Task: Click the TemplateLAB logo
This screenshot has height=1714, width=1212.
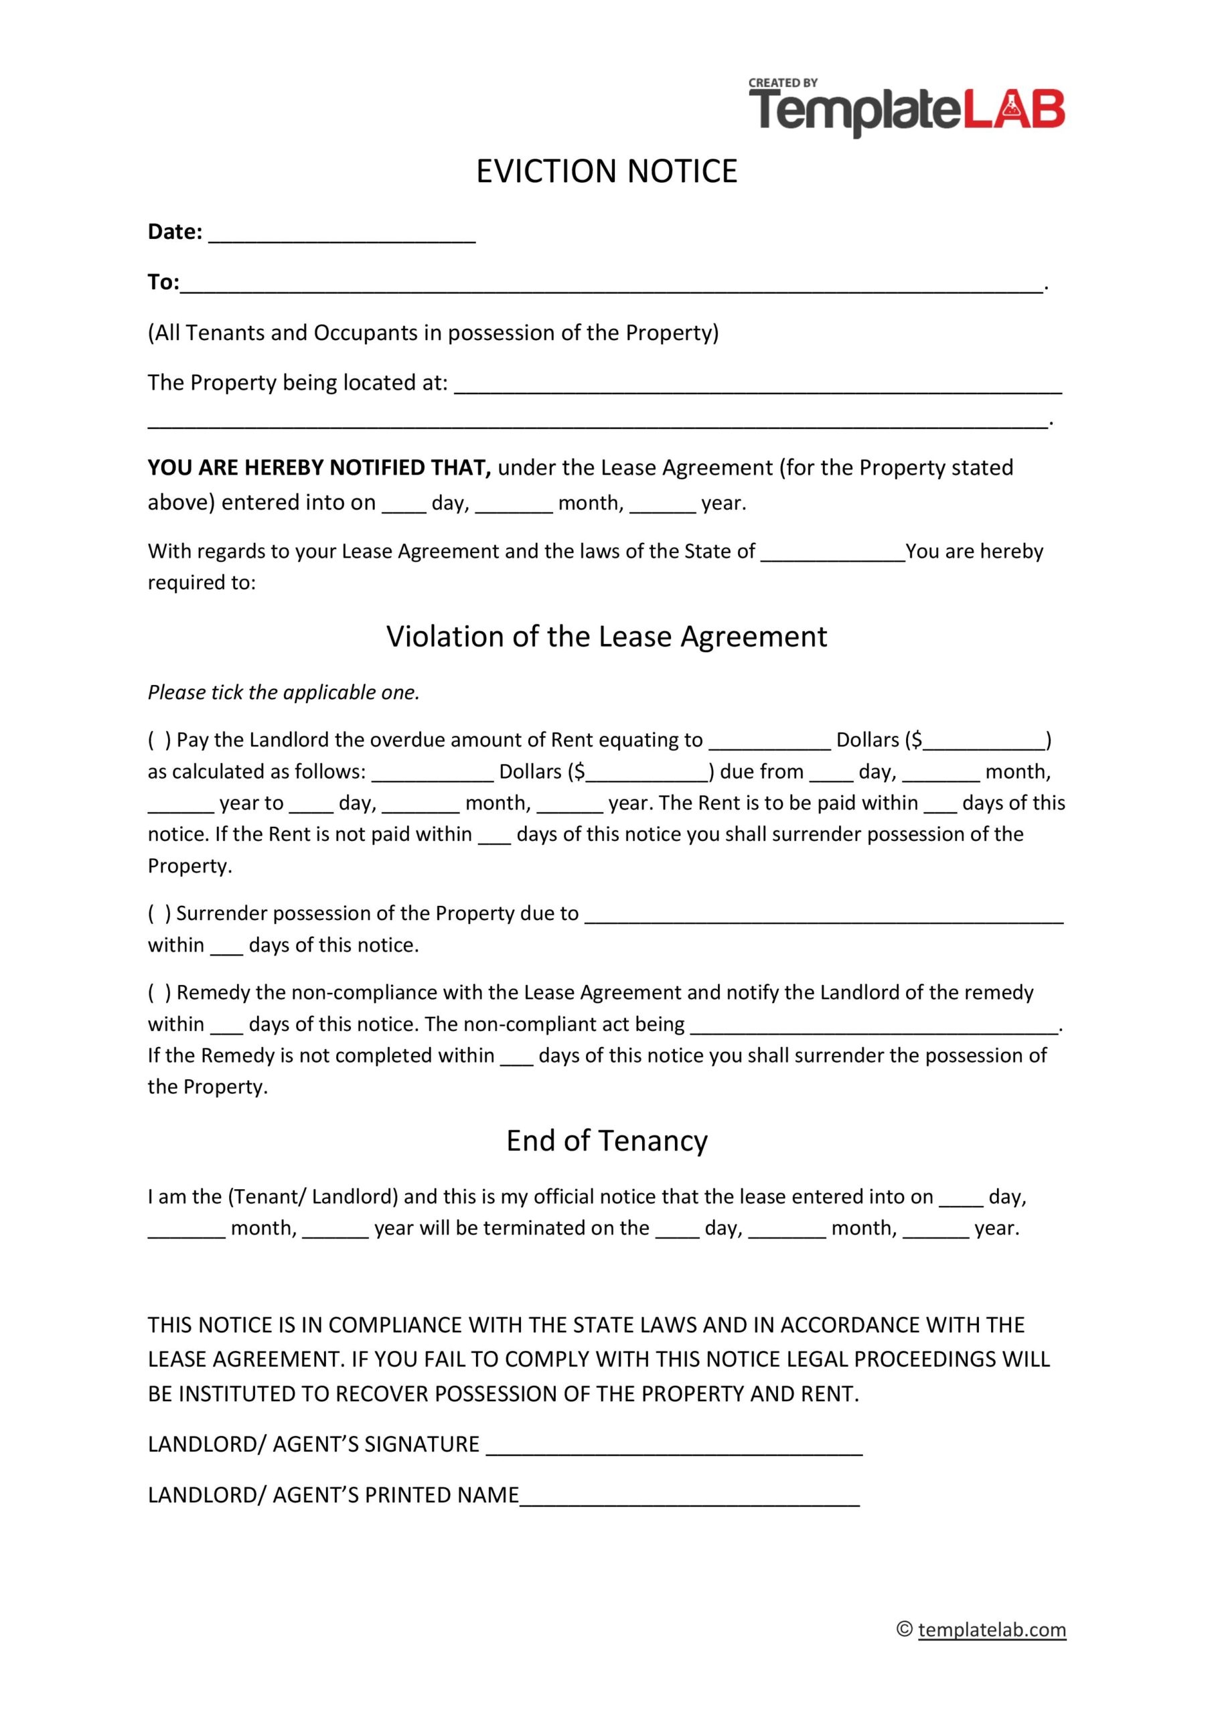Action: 907,112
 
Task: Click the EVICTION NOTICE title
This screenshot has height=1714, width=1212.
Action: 607,171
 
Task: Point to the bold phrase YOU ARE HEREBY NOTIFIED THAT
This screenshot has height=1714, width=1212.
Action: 319,468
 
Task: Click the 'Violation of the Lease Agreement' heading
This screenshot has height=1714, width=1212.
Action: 607,637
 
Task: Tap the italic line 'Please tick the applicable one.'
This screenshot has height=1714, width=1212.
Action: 284,693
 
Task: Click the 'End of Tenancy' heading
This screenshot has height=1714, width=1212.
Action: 607,1141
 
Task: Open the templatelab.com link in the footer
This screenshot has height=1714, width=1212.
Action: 992,1630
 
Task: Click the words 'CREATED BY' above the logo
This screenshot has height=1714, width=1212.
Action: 783,83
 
